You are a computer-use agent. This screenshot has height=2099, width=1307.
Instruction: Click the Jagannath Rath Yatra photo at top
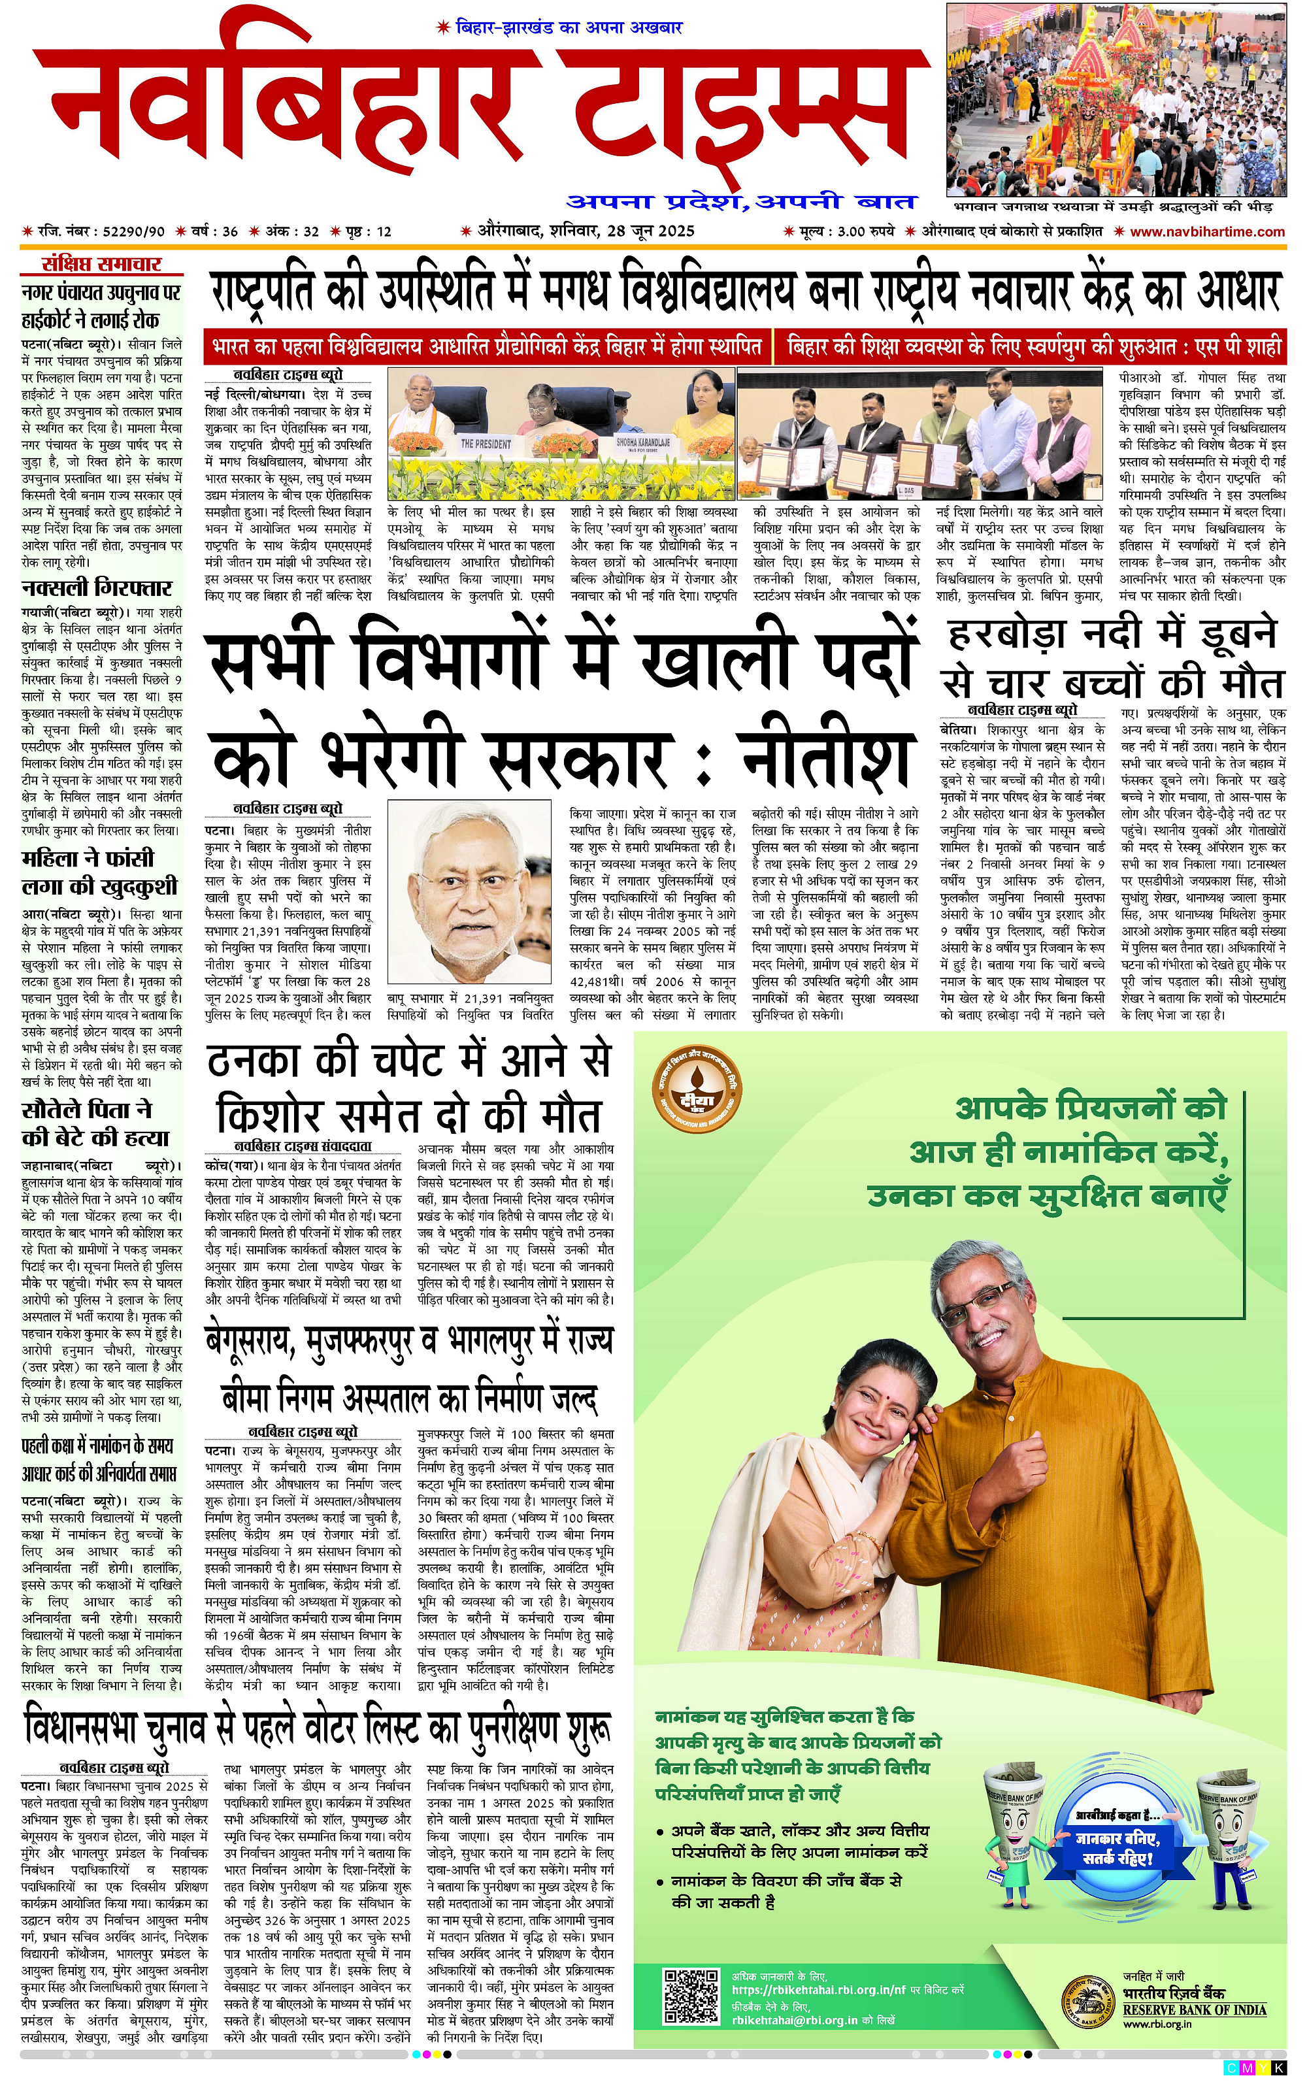1116,99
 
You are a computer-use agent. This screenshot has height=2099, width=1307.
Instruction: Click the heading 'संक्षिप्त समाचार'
101,265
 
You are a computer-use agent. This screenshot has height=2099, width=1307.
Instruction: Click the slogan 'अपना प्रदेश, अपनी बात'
741,202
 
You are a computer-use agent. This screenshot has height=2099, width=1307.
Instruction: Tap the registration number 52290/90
133,231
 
